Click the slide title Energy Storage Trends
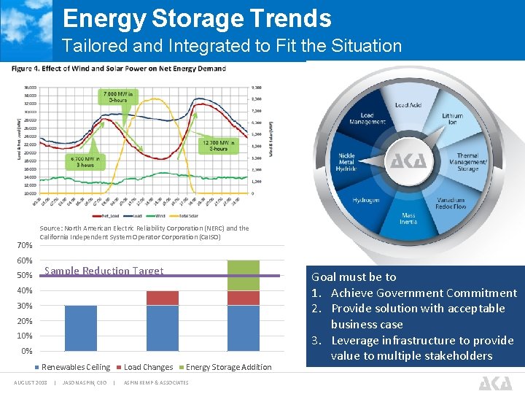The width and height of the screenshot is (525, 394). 197,18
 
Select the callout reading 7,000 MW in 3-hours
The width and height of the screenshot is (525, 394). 118,96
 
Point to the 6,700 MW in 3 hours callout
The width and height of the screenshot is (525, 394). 87,161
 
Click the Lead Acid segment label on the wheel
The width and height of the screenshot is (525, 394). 408,105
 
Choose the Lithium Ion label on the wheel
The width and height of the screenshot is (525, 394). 452,119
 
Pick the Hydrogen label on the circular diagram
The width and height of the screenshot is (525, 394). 365,200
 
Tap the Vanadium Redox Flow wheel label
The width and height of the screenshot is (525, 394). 451,204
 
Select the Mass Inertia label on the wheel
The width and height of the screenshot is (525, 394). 408,218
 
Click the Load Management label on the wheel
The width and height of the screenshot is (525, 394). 367,118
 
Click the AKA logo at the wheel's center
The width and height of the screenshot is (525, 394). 408,161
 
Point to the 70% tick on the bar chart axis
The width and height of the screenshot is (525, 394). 24,246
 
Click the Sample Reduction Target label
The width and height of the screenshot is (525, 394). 104,271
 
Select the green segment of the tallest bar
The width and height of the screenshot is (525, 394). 243,276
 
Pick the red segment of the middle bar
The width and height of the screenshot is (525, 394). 162,298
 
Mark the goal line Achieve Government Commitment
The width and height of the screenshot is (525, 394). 416,293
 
